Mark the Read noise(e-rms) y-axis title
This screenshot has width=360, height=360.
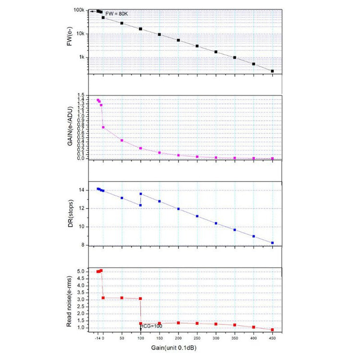pyautogui.click(x=72, y=299)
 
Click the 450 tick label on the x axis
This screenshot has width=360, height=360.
pyautogui.click(x=272, y=338)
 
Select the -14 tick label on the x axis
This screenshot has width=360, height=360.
pyautogui.click(x=98, y=338)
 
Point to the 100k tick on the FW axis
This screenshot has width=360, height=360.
pyautogui.click(x=79, y=10)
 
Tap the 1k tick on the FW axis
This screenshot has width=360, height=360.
pyautogui.click(x=82, y=57)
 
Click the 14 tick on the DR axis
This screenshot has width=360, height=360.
pyautogui.click(x=83, y=190)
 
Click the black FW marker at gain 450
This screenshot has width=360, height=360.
pyautogui.click(x=272, y=71)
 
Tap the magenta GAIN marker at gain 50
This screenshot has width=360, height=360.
pyautogui.click(x=122, y=140)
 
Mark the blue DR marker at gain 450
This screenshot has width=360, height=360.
pyautogui.click(x=272, y=243)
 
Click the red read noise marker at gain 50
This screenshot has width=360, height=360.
pyautogui.click(x=122, y=298)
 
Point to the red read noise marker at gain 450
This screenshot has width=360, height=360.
pyautogui.click(x=272, y=330)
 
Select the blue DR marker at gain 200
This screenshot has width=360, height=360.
pyautogui.click(x=178, y=209)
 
